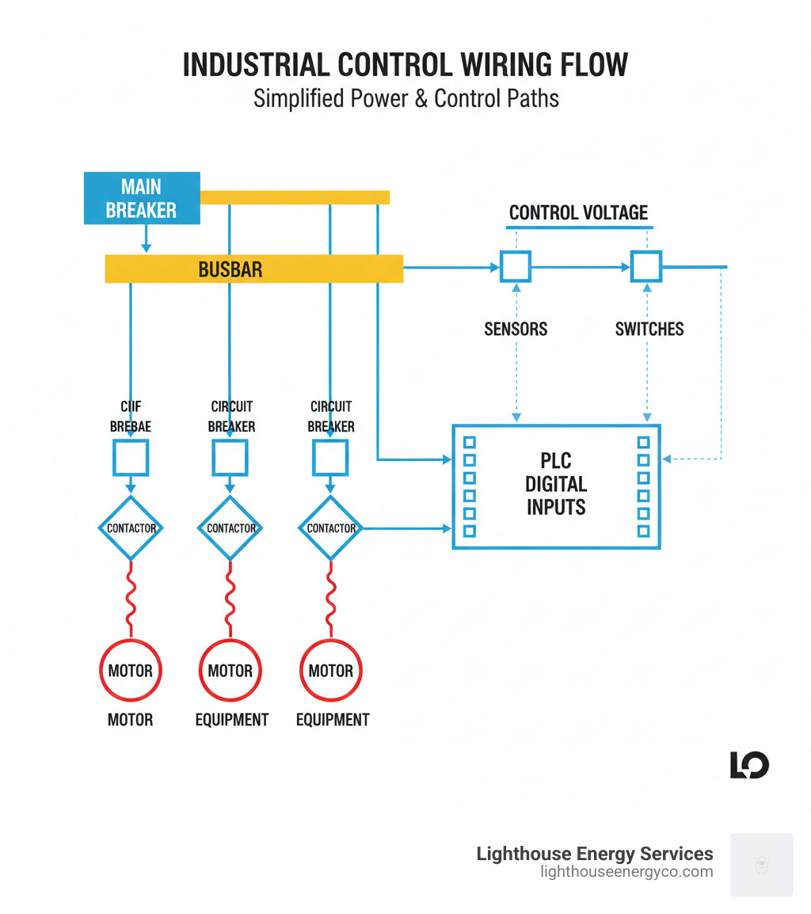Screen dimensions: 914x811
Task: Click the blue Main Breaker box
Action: pos(142,198)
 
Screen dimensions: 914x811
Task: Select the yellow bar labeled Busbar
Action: pos(254,269)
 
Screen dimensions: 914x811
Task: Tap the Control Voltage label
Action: pos(578,212)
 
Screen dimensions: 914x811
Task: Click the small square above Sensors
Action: pos(516,267)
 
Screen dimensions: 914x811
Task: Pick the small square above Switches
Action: pos(645,267)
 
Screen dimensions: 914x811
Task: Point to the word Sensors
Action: pos(516,329)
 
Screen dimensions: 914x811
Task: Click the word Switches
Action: pos(649,329)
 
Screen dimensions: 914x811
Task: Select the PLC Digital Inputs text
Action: pos(556,485)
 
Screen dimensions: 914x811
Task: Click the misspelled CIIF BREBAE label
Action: pos(131,417)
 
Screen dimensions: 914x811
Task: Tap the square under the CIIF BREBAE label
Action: pos(131,458)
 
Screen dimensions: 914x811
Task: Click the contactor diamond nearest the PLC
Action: pos(330,528)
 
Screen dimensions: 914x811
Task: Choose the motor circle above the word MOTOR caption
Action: pos(131,671)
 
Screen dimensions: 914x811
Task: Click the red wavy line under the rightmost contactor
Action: pos(330,600)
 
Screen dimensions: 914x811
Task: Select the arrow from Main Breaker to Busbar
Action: pos(146,238)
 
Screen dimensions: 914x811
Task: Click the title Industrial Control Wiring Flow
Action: pos(405,66)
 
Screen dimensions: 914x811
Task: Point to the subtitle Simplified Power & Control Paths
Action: pos(405,99)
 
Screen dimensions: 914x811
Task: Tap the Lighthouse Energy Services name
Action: pos(594,854)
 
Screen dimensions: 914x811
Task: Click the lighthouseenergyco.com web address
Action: pos(626,872)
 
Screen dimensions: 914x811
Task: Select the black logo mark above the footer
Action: pos(749,765)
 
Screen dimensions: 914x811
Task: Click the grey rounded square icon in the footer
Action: pos(761,864)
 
